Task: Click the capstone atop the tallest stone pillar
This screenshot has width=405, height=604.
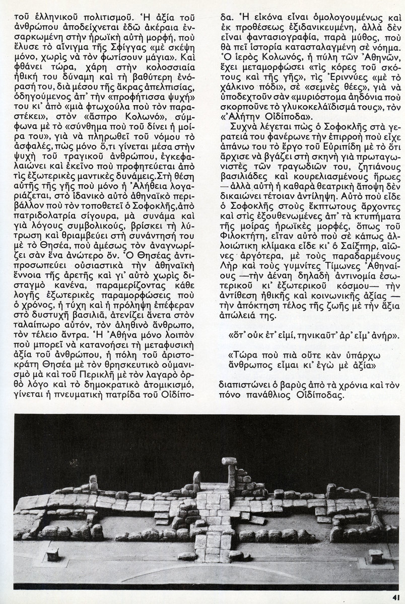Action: (x=230, y=460)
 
